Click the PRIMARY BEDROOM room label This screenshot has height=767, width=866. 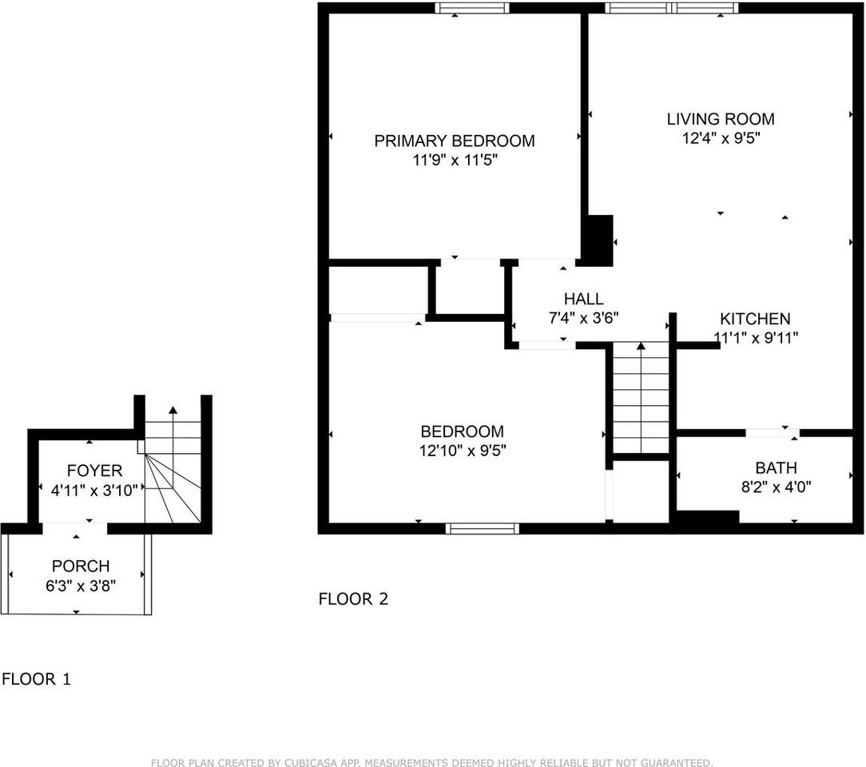[455, 141]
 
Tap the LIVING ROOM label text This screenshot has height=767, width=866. [721, 119]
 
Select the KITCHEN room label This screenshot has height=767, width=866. [755, 319]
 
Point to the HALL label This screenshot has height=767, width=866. [583, 299]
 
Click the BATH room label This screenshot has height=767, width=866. [776, 468]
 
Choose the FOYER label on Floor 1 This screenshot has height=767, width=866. [95, 471]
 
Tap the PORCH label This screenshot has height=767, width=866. [81, 566]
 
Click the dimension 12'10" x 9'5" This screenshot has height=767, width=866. [463, 451]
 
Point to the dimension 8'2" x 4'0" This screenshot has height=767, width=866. [776, 487]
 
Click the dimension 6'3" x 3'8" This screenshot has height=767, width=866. [81, 585]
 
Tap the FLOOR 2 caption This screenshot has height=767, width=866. [353, 599]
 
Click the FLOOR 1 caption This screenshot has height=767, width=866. [36, 680]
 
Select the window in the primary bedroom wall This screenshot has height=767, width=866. [472, 8]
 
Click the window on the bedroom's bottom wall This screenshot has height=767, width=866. [482, 528]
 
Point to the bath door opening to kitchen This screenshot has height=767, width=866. [772, 433]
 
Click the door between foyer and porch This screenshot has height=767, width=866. [74, 527]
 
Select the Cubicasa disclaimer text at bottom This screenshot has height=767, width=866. [431, 763]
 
